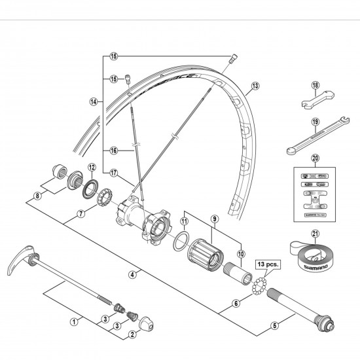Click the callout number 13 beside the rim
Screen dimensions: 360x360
pyautogui.click(x=255, y=85)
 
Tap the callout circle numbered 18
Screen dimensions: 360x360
pyautogui.click(x=315, y=85)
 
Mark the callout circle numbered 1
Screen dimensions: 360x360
pyautogui.click(x=74, y=321)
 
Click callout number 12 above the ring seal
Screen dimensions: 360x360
pyautogui.click(x=92, y=167)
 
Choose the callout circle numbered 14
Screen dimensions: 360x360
pyautogui.click(x=94, y=101)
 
